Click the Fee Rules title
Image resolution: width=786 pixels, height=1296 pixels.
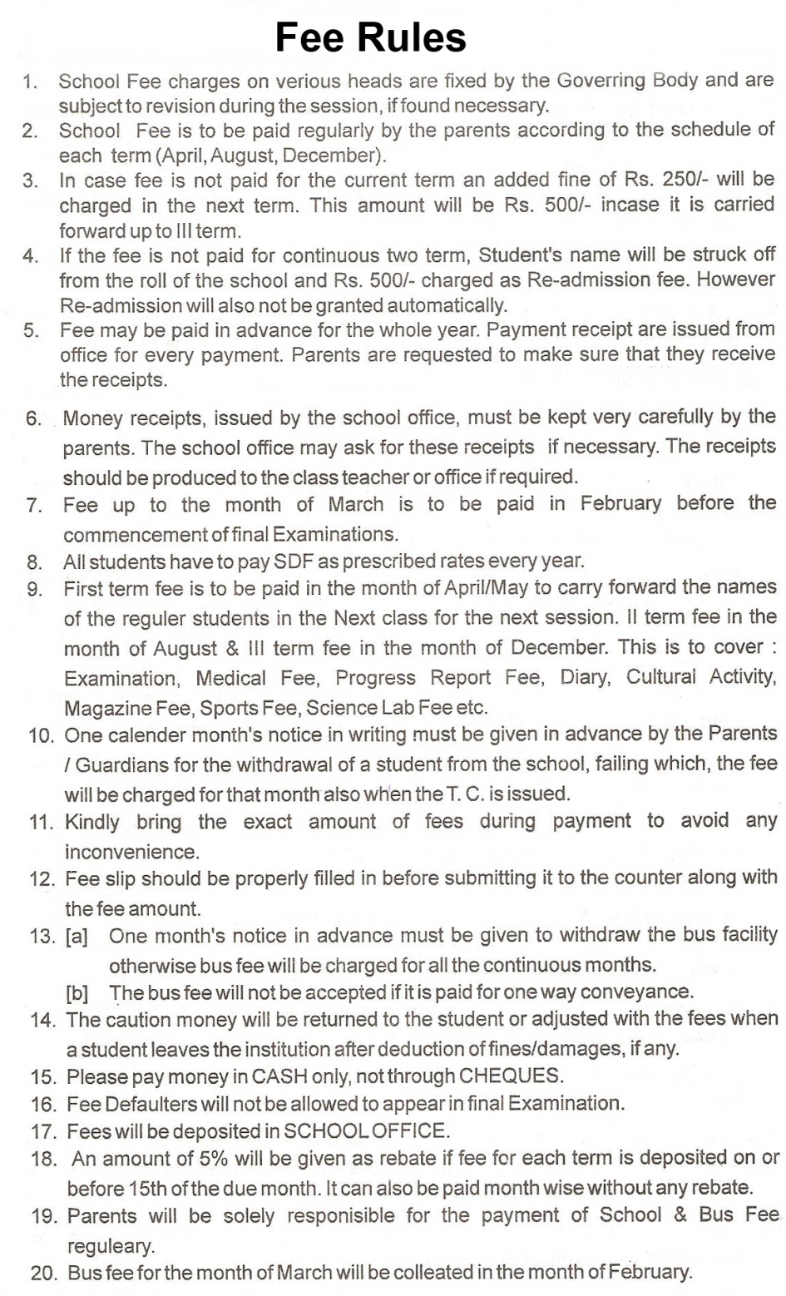371,38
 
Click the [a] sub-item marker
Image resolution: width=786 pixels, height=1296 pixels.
77,936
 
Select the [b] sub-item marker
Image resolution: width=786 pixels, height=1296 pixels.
77,993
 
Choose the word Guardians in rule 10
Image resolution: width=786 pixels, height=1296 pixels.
114,764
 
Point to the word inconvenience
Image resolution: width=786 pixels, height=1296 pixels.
132,852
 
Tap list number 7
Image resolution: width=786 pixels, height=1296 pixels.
34,505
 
